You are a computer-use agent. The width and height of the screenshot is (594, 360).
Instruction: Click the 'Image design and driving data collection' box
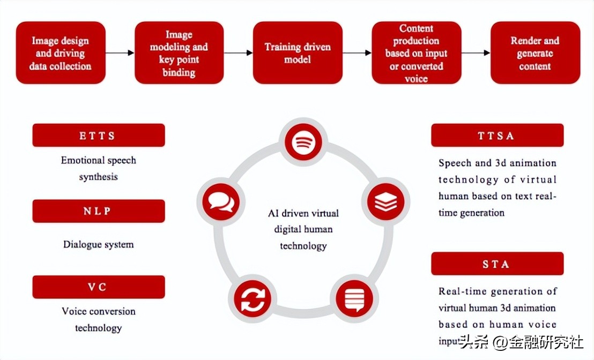(61, 53)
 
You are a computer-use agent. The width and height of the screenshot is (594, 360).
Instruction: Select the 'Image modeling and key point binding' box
(179, 53)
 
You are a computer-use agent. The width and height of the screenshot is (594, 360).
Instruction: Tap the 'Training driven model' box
(298, 53)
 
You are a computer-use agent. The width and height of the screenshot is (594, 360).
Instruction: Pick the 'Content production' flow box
(416, 53)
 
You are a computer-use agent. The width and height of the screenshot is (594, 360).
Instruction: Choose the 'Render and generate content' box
(534, 53)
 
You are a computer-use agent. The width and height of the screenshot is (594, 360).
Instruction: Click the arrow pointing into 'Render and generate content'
(476, 53)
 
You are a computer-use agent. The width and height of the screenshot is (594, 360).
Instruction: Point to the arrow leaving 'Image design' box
(120, 53)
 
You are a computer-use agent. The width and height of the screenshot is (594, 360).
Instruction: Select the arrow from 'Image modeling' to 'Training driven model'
(239, 53)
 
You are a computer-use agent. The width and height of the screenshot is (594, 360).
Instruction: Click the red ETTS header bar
(99, 136)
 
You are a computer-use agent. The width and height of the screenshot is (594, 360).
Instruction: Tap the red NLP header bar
(99, 211)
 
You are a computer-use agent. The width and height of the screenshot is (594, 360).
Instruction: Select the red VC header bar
(99, 287)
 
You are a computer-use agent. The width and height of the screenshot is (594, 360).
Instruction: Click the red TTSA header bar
(497, 136)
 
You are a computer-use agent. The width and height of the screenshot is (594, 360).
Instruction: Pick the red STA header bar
(497, 264)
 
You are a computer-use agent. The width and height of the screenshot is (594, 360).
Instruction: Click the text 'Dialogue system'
(99, 245)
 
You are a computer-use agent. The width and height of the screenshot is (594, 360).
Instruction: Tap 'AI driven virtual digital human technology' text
(303, 229)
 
